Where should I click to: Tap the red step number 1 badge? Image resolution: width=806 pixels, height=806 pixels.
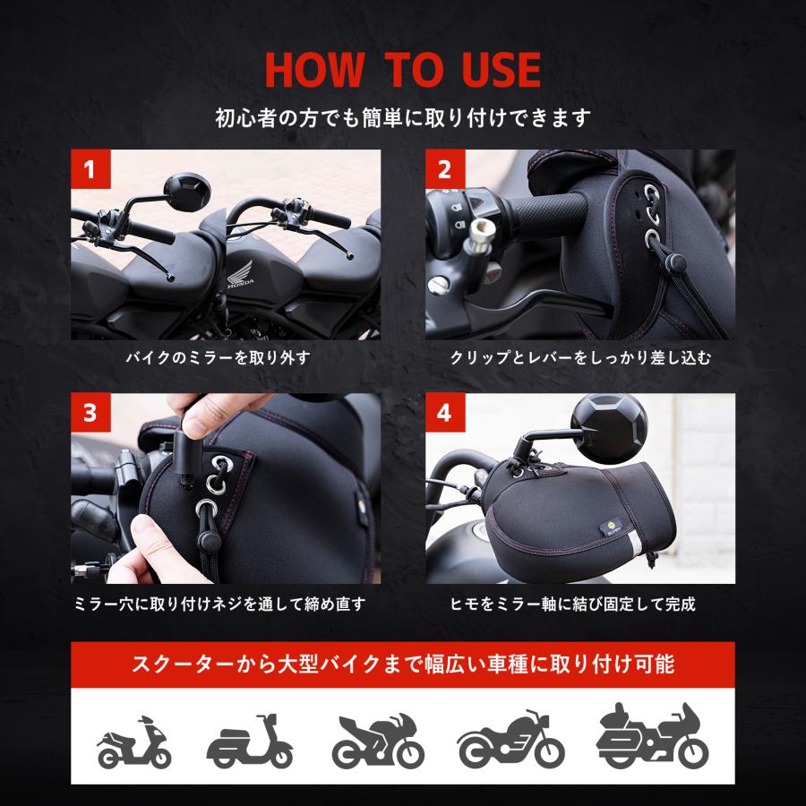click(x=90, y=168)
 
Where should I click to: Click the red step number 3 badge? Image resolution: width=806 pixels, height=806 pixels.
click(x=90, y=414)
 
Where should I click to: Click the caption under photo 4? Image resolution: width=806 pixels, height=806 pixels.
click(x=580, y=604)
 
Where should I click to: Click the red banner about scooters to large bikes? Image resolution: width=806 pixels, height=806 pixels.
click(x=403, y=665)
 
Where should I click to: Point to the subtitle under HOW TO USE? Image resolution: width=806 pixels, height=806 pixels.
click(x=403, y=117)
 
